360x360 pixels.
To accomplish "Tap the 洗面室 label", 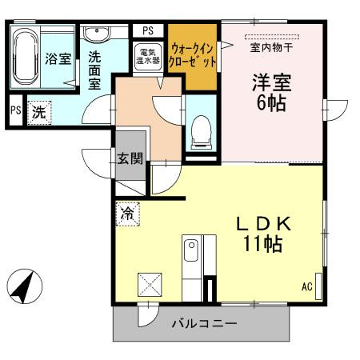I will coord(95,70).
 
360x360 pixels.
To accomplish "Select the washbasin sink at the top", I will coord(97,34).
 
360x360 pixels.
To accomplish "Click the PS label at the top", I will coord(147,30).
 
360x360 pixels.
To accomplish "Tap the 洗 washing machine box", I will coord(38,113).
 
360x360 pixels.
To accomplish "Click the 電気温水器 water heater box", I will coord(150,59).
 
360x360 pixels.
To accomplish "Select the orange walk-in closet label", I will coord(192,57).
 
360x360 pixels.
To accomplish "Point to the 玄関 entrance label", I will coord(130,158).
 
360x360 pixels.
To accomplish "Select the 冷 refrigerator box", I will coord(126,214).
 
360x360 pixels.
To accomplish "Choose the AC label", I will coord(306,286).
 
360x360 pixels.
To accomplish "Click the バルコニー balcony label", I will coord(204,325).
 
